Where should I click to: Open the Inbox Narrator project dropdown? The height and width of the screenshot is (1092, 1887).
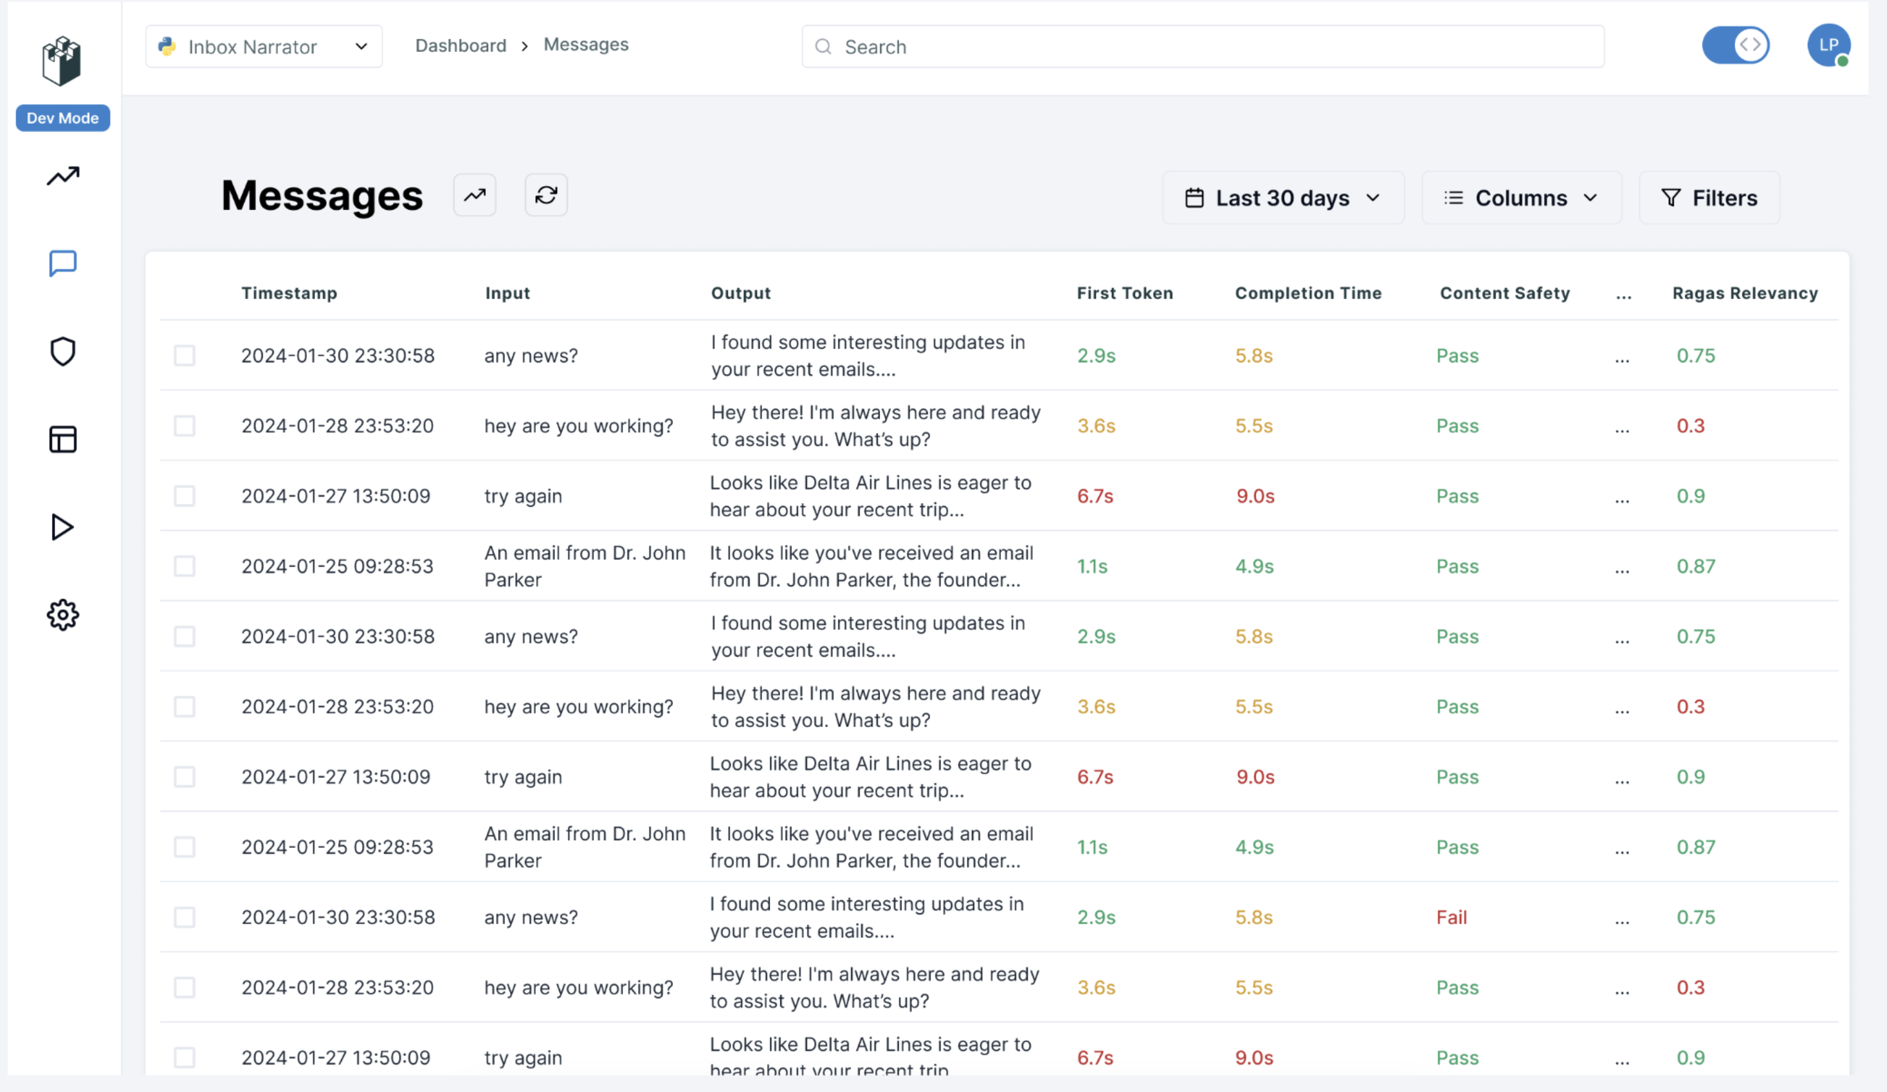[263, 47]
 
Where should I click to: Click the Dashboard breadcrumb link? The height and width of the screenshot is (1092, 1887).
[460, 46]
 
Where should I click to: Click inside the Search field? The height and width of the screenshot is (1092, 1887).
[1202, 47]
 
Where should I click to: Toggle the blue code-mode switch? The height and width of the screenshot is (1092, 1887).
[1735, 45]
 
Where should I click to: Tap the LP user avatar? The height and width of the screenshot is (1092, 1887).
[1828, 45]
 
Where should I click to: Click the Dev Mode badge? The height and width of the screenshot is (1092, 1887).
[63, 118]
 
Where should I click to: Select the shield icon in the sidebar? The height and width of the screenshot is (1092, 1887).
[63, 352]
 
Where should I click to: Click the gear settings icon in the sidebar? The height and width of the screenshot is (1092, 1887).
[63, 615]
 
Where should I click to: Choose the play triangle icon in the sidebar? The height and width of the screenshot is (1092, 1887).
[63, 527]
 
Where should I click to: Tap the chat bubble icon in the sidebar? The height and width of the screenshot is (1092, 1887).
[63, 263]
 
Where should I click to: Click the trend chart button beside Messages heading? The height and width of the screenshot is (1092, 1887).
[475, 196]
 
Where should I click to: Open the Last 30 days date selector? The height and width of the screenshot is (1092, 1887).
[1283, 198]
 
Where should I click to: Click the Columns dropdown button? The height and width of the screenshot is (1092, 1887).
[1521, 198]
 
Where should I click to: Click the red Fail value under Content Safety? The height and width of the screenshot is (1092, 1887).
[1451, 917]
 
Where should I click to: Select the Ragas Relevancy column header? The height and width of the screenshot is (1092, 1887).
[1744, 294]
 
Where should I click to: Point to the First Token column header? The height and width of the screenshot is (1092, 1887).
[1125, 294]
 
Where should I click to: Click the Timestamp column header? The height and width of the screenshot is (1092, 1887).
[289, 294]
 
